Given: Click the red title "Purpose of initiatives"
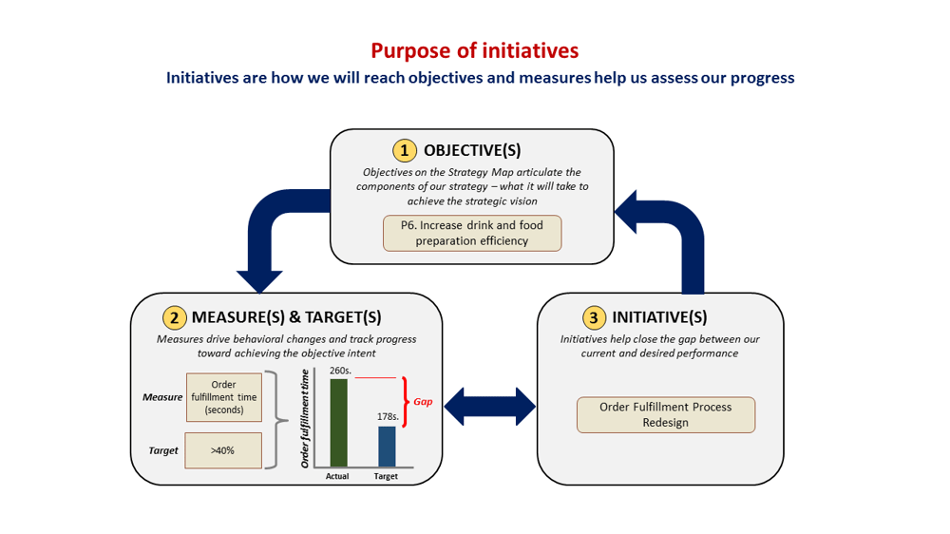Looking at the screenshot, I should click(474, 50).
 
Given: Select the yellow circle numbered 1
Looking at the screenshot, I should click(405, 150).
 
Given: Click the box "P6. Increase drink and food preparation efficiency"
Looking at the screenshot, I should click(472, 233).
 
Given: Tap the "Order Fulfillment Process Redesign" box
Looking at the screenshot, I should click(665, 414).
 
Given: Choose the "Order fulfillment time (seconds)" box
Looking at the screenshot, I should click(223, 397).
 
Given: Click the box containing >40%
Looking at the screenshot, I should click(223, 450).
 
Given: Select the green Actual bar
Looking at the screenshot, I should click(338, 423).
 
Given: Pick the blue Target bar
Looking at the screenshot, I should click(386, 447).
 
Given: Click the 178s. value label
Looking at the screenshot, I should click(387, 417).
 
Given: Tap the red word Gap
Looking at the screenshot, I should click(422, 402).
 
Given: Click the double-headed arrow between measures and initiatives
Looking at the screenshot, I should click(490, 407).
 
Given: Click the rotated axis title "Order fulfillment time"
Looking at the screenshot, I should click(305, 418).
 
